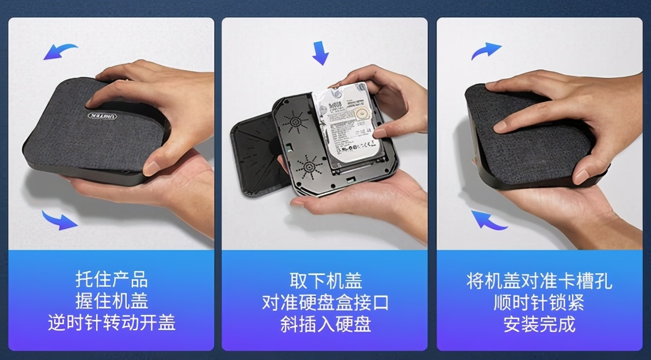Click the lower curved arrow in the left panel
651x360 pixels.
tap(60, 220)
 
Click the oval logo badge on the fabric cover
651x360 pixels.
tap(101, 116)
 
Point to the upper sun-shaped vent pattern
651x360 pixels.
tap(294, 122)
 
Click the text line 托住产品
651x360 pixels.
tap(111, 280)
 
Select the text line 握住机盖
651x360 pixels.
tap(111, 302)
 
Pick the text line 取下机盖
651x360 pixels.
tap(325, 280)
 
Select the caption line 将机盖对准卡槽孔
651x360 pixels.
tap(539, 280)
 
